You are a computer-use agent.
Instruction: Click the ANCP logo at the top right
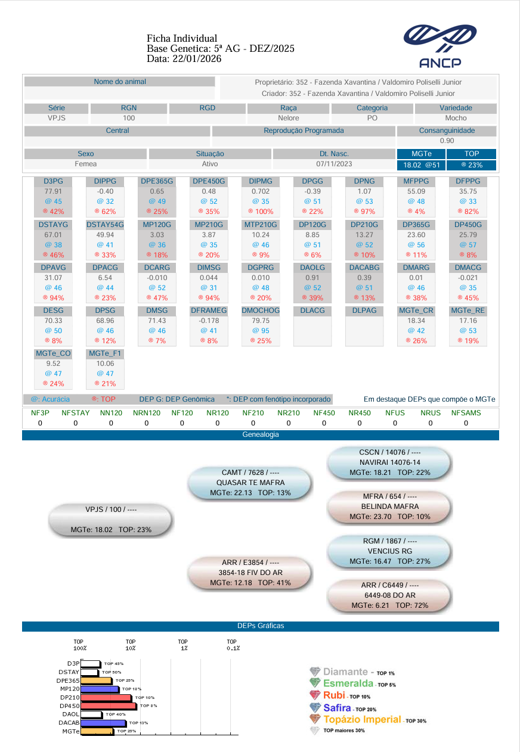[440, 46]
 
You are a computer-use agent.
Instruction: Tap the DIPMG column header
[261, 181]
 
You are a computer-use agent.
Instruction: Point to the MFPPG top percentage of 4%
[417, 212]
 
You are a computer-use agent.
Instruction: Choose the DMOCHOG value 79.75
[261, 321]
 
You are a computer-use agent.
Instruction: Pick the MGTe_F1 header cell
[105, 353]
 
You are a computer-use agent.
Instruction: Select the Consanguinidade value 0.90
[447, 141]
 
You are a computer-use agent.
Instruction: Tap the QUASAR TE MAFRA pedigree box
[250, 483]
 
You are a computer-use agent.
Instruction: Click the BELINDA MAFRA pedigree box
[391, 506]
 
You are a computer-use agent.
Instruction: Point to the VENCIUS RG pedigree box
[389, 551]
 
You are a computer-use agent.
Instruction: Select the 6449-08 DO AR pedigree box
[389, 595]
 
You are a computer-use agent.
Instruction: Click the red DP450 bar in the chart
[109, 706]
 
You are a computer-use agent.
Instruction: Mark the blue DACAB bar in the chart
[103, 723]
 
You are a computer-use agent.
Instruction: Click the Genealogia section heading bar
[260, 435]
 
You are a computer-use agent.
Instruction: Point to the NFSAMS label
[466, 412]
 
